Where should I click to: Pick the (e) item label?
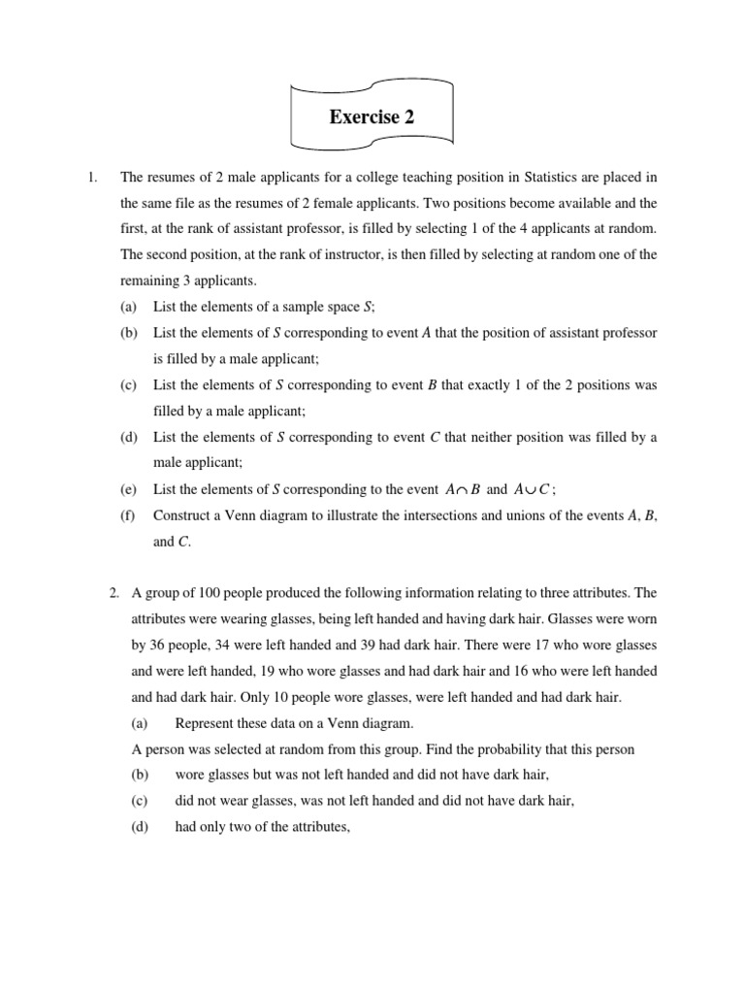(x=129, y=490)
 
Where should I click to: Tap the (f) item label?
(x=128, y=515)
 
